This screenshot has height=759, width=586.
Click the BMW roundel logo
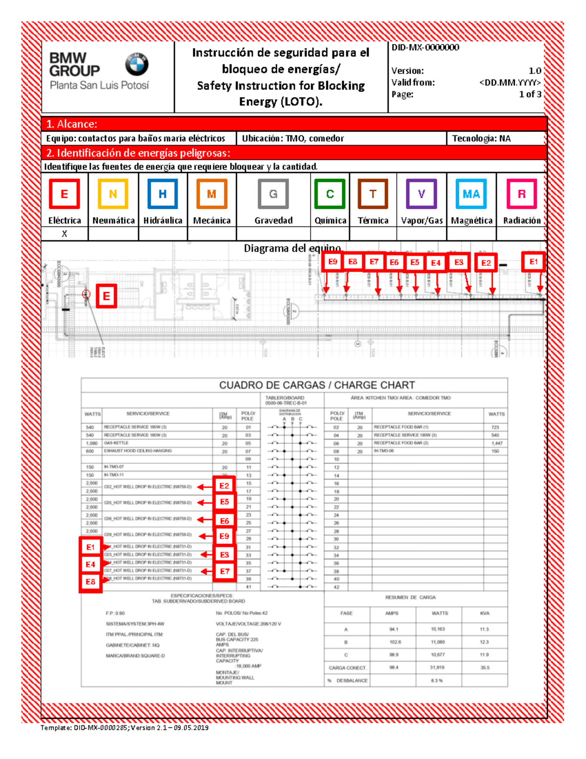tap(137, 64)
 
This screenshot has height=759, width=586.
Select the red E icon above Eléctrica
tap(64, 194)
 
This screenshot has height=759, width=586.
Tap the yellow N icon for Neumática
tap(113, 194)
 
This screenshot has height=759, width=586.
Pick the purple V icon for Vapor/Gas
tap(421, 194)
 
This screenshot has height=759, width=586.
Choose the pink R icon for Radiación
tap(522, 194)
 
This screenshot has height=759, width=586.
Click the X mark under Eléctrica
tap(64, 234)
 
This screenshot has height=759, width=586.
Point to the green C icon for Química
tap(330, 194)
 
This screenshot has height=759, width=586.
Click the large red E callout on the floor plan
tap(106, 296)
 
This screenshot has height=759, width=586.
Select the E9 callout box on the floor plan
tap(333, 262)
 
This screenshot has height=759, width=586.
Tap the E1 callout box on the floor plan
tap(533, 262)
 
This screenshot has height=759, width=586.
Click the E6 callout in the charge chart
tap(224, 521)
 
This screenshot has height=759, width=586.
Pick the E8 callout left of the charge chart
tap(90, 582)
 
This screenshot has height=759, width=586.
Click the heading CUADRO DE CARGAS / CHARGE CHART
tap(317, 385)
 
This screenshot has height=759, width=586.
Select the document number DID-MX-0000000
tap(425, 47)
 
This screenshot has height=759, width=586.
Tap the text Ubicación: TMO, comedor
tap(293, 138)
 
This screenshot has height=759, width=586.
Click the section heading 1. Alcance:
tap(72, 124)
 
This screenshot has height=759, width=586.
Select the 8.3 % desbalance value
tap(437, 680)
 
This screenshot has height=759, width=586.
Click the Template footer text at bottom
tap(125, 728)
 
